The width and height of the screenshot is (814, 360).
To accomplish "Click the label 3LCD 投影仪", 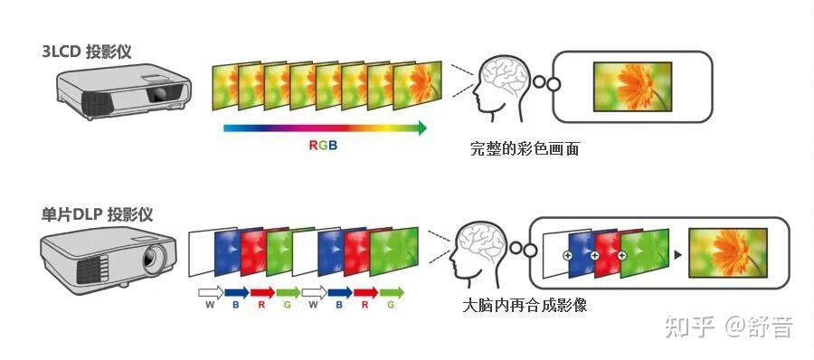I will (86, 52).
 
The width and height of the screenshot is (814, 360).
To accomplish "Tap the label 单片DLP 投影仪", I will (97, 215).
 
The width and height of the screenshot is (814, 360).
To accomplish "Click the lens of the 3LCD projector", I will (157, 94).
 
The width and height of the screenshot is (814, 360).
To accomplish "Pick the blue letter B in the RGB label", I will (332, 145).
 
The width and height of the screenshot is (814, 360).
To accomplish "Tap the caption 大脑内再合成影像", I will (525, 306).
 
